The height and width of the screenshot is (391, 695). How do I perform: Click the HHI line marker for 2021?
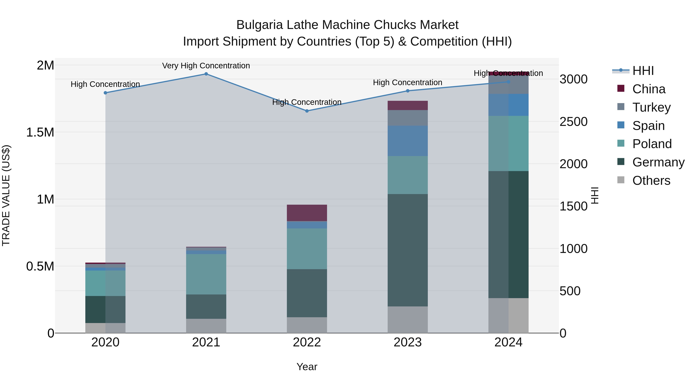tap(206, 74)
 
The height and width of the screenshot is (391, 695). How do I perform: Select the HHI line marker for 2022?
tap(307, 111)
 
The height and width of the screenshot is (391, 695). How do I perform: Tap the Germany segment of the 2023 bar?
tap(408, 250)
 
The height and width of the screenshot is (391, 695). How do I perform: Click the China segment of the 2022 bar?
tap(307, 213)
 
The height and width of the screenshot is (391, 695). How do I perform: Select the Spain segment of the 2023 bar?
tap(408, 141)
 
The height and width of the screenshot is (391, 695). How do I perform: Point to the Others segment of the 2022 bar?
tap(307, 325)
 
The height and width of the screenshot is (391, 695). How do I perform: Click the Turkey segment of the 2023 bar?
tap(408, 118)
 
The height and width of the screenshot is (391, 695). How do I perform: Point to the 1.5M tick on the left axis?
tap(40, 132)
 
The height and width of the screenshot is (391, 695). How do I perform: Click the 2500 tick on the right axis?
tap(573, 122)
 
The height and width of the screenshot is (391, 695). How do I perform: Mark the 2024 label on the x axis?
tap(508, 342)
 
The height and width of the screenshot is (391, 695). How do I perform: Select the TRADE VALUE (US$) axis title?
tap(6, 195)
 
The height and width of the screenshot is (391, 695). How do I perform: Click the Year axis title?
tap(307, 367)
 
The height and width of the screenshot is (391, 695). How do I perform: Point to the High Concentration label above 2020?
tap(105, 84)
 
